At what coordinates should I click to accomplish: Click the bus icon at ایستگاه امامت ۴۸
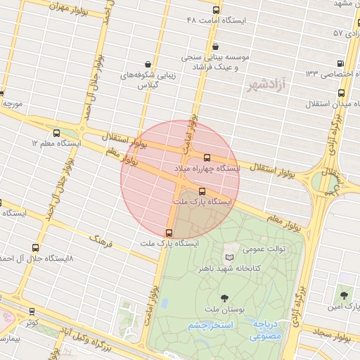(216, 11)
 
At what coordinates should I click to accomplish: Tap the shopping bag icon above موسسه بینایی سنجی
(214, 46)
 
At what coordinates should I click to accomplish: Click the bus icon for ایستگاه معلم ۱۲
(56, 132)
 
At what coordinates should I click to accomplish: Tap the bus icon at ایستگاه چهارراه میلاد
(207, 158)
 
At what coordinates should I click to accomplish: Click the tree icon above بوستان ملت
(224, 298)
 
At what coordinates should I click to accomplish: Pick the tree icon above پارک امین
(344, 296)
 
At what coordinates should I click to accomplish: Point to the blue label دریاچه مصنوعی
(266, 330)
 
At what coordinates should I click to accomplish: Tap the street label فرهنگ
(98, 243)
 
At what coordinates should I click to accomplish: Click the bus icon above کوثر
(32, 311)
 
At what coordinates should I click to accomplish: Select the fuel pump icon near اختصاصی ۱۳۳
(341, 63)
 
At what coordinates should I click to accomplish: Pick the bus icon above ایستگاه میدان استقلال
(342, 93)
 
